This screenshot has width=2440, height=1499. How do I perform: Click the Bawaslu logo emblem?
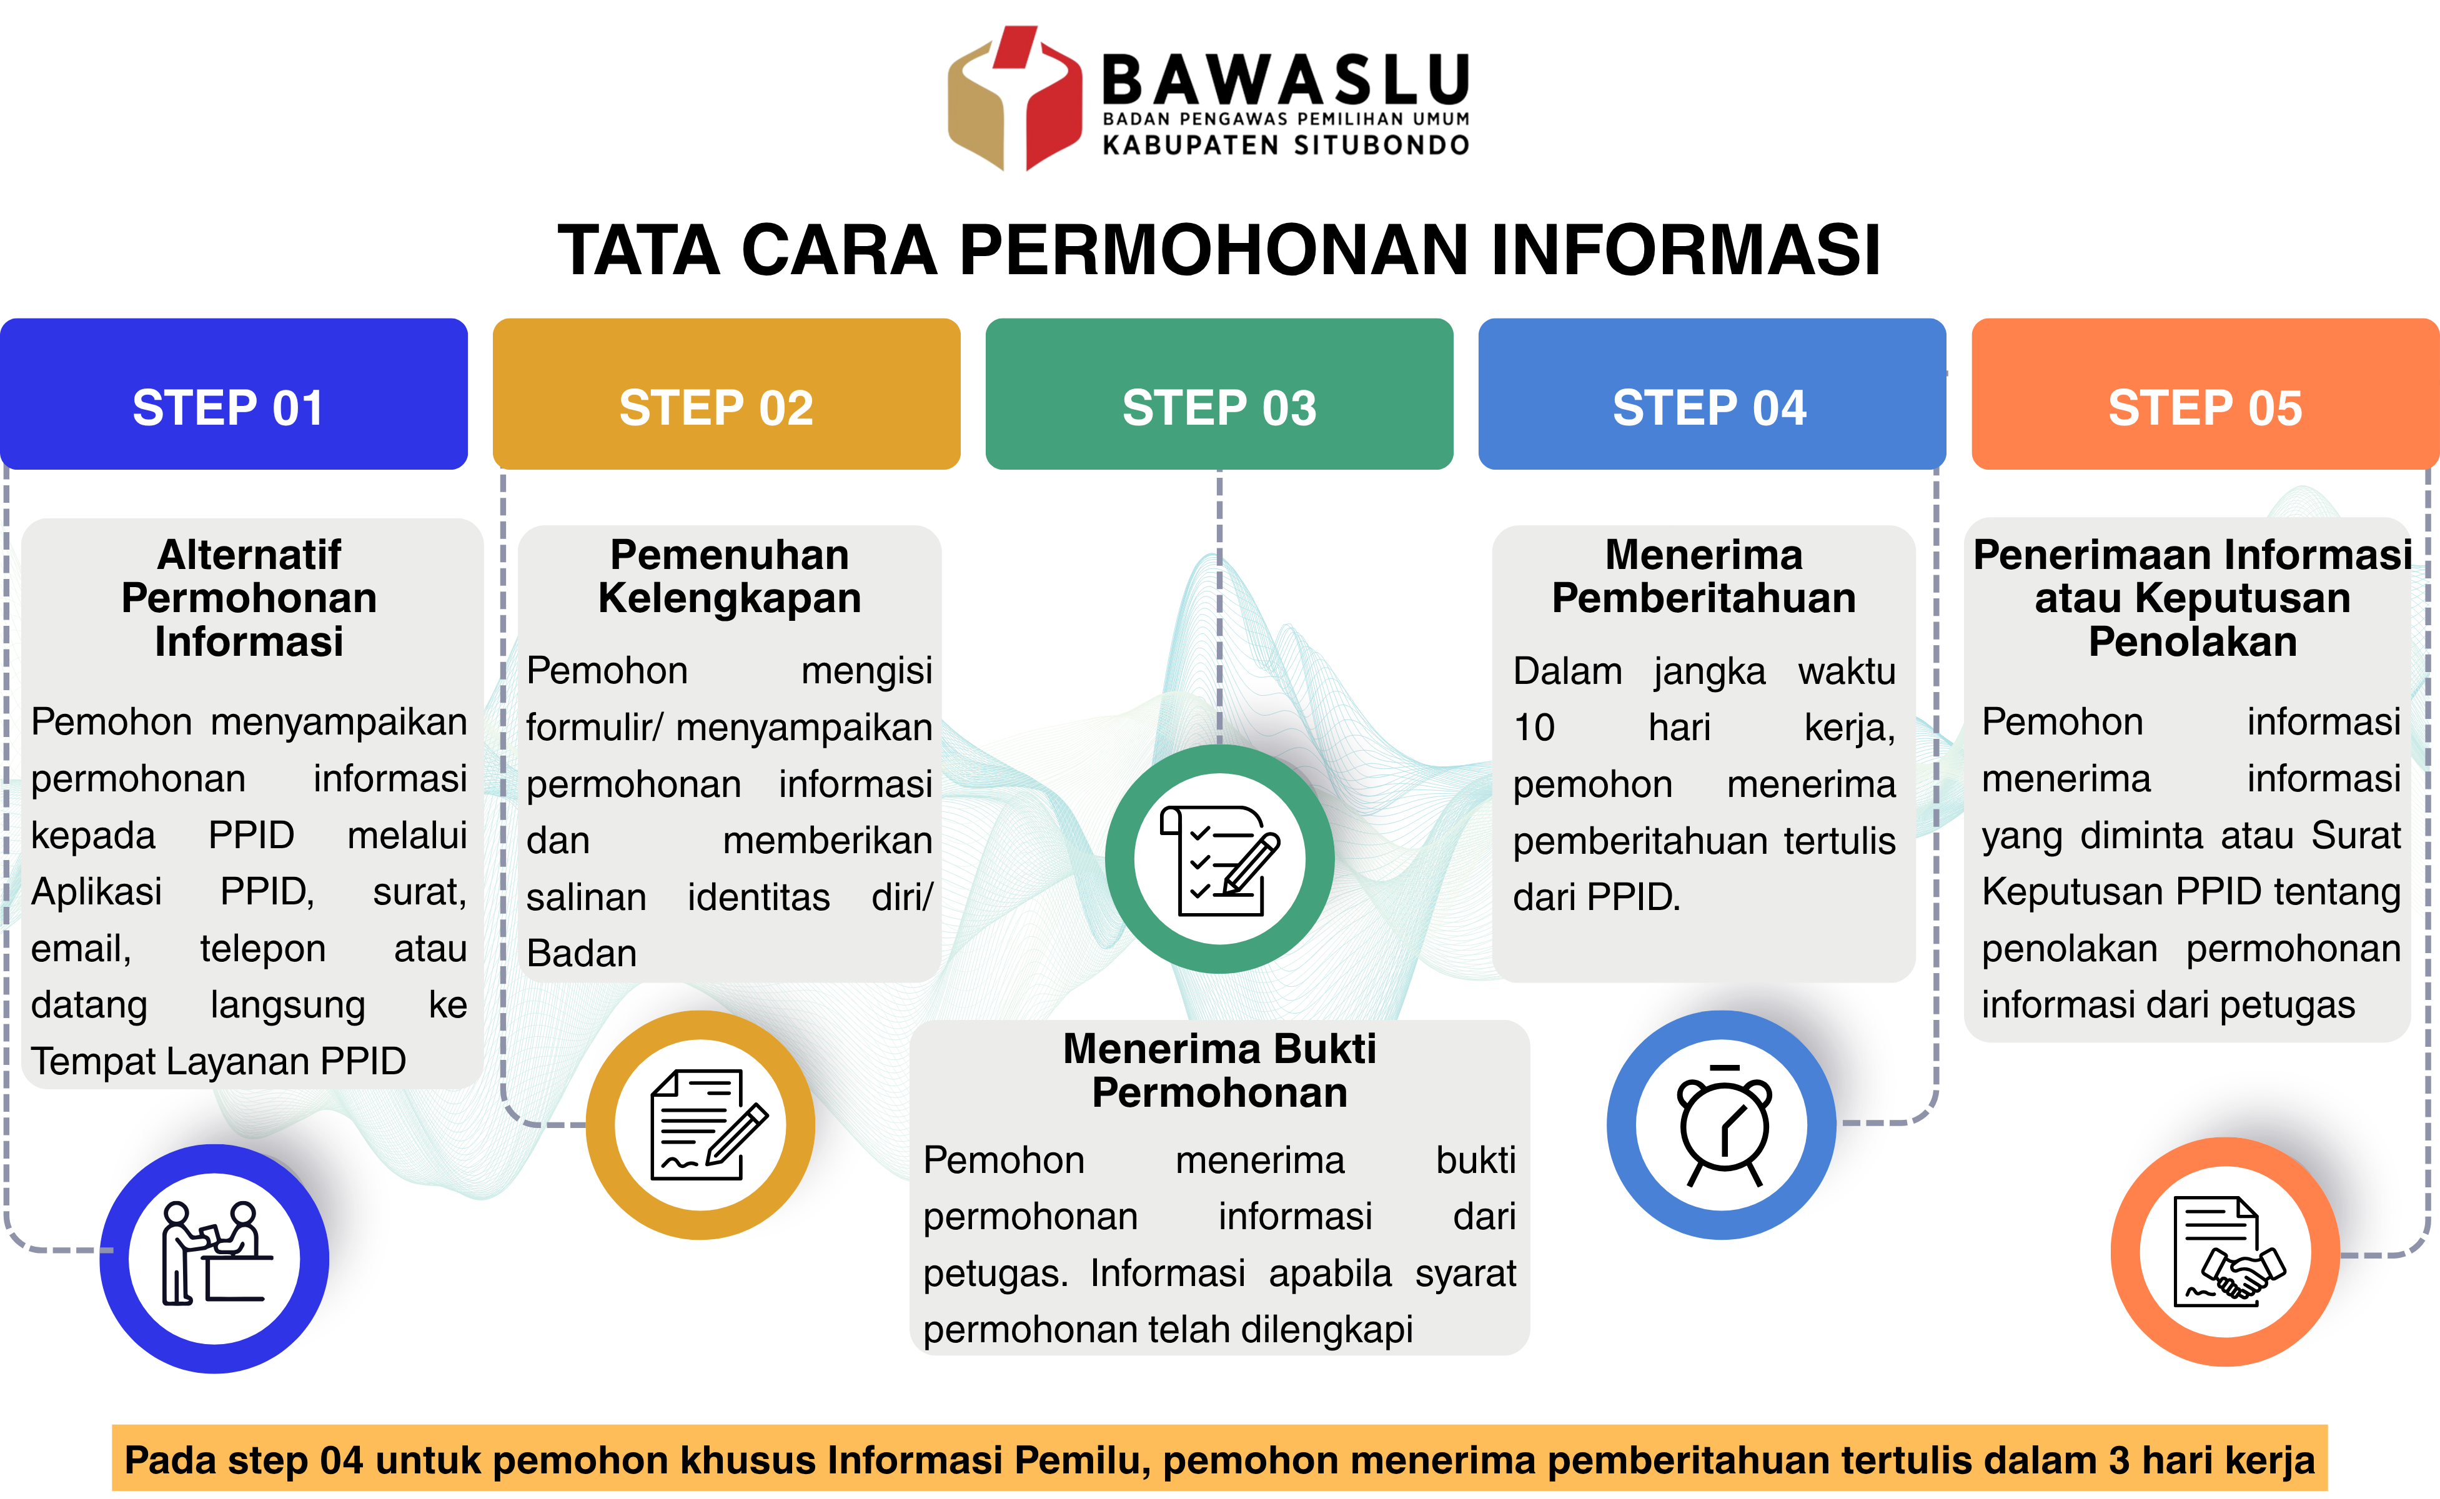point(1014,97)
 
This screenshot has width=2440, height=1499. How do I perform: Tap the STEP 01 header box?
point(234,393)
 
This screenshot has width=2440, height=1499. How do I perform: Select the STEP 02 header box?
point(726,393)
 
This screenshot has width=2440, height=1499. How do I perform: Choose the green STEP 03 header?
point(1219,393)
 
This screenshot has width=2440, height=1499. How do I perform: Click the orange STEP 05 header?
point(2205,393)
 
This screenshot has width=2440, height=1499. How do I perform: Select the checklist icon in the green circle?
point(1219,859)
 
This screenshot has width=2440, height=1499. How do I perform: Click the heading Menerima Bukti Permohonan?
point(1219,1071)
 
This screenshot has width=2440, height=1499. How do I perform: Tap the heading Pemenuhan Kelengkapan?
point(730,576)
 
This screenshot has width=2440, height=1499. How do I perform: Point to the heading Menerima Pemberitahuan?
point(1704,576)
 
